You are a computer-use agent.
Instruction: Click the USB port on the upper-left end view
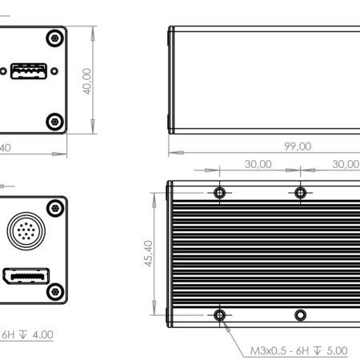27,72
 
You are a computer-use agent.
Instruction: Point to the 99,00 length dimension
295,146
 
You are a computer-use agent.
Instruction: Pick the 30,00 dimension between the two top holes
258,163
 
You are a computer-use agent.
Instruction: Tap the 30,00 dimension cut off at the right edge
346,163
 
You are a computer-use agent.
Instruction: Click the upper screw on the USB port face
54,38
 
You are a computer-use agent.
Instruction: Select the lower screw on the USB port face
54,121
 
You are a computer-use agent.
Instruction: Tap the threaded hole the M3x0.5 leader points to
220,314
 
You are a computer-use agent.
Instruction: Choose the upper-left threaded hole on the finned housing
220,193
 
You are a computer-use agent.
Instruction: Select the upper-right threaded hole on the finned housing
300,193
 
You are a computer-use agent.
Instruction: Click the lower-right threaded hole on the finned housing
300,314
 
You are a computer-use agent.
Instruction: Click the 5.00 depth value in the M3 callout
337,350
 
